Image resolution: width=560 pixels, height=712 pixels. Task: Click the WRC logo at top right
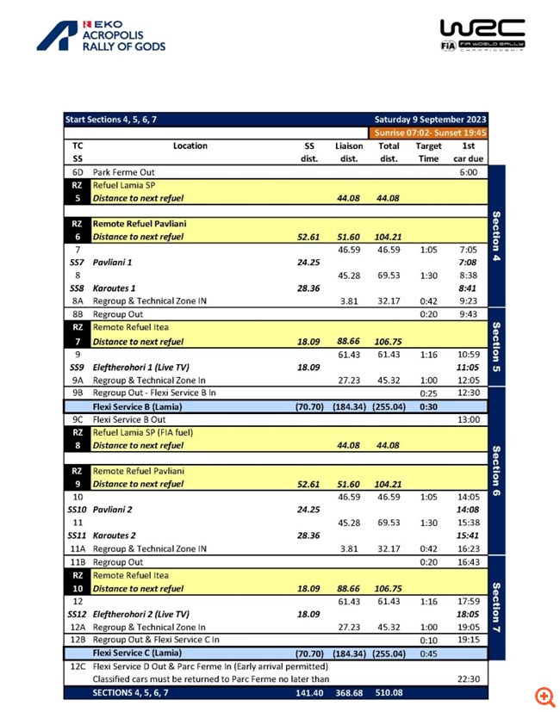point(482,35)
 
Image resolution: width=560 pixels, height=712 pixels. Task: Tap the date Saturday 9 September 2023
point(430,120)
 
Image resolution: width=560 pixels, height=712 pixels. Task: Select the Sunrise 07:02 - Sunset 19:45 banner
point(430,133)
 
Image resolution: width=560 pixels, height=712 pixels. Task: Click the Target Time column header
point(428,152)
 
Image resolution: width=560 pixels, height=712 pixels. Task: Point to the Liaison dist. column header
point(349,152)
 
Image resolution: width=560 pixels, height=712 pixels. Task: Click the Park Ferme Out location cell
point(123,172)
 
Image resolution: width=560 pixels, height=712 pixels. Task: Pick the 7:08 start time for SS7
point(468,262)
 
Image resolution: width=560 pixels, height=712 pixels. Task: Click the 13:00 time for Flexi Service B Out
point(468,419)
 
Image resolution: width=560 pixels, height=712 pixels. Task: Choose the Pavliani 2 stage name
point(115,510)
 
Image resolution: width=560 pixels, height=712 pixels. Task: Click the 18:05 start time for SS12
point(468,614)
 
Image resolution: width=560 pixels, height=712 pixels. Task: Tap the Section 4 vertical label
point(496,237)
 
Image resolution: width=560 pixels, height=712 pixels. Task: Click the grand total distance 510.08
point(389,691)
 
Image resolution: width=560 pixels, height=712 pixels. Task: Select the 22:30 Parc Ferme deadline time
point(468,678)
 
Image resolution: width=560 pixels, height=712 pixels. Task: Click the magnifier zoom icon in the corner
point(544,696)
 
